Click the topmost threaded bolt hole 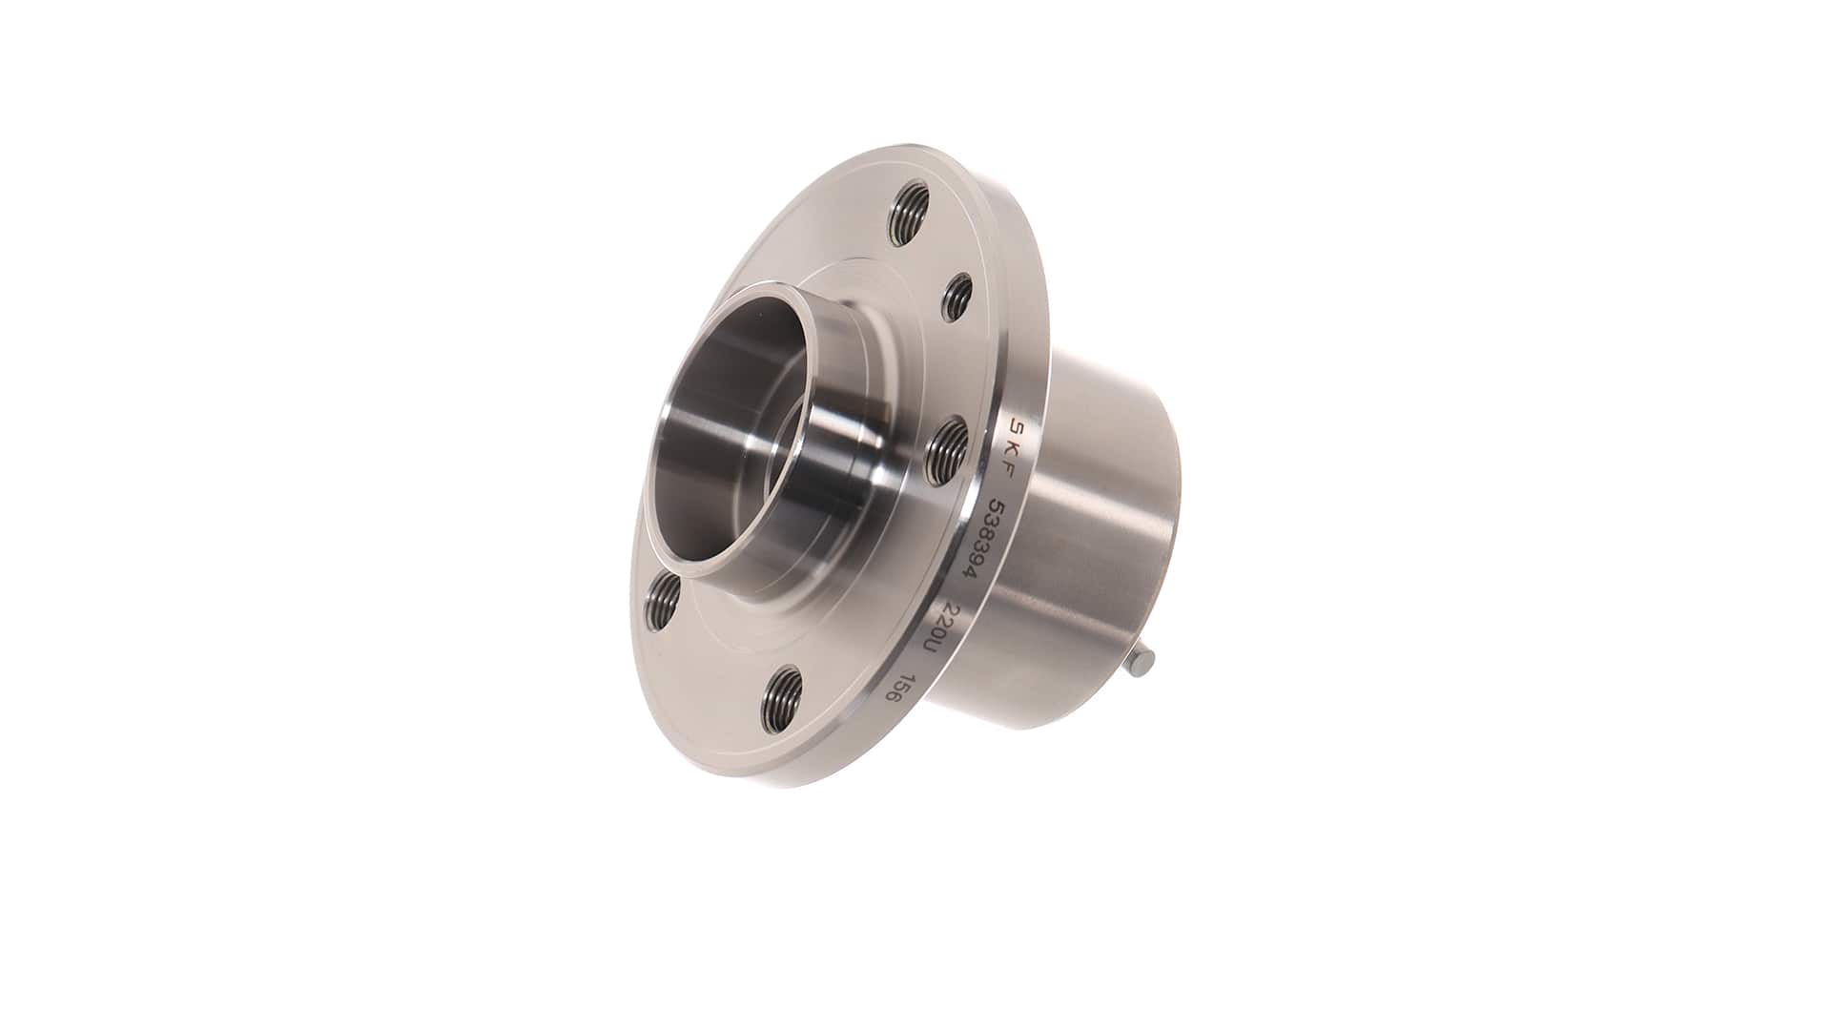(x=908, y=216)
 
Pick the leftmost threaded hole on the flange (x=662, y=598)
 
